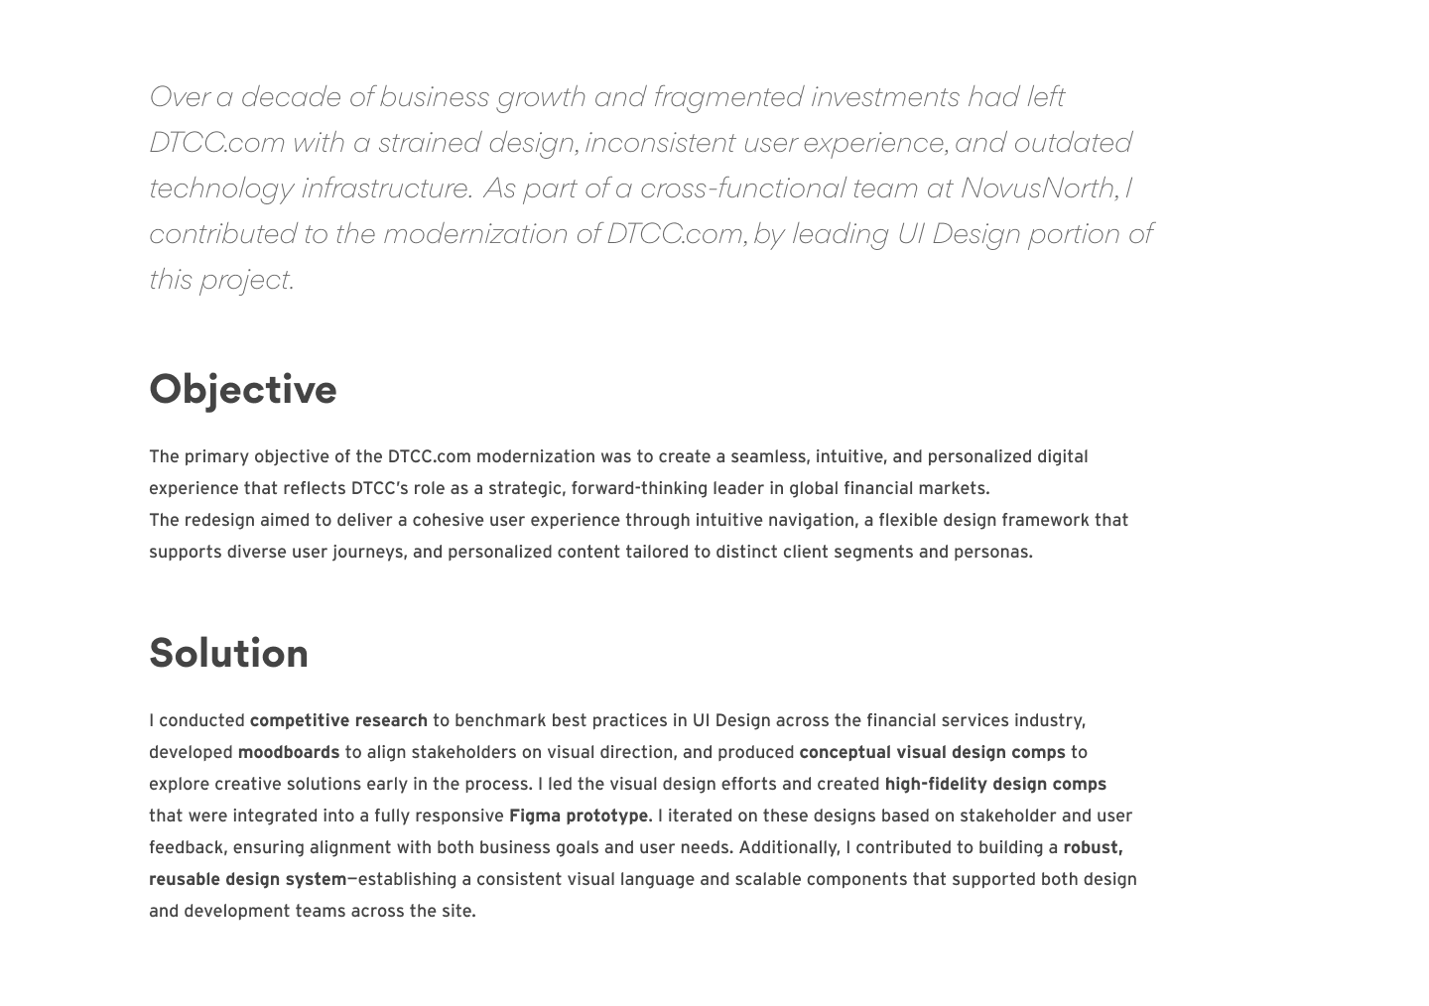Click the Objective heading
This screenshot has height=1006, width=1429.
(x=242, y=389)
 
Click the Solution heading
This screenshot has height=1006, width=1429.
(x=228, y=653)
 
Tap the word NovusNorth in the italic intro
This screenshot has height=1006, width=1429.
(x=1037, y=188)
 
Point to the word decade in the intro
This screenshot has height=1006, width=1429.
(x=291, y=96)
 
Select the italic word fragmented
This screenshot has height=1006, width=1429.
(x=727, y=96)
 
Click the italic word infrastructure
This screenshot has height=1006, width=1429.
(x=384, y=188)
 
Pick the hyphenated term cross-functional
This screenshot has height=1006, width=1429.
(x=742, y=188)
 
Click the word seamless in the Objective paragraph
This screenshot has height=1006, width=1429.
(x=769, y=456)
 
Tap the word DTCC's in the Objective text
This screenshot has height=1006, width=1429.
(x=380, y=488)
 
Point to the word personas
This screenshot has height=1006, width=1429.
(x=992, y=552)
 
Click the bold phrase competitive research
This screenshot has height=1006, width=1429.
(x=337, y=720)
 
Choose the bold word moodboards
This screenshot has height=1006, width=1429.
(x=288, y=752)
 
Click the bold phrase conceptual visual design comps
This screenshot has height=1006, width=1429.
(x=931, y=752)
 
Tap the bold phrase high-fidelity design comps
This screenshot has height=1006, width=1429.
(x=994, y=784)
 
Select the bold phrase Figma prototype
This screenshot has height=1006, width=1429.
(x=578, y=816)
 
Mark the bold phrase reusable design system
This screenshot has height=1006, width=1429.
(x=247, y=879)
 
